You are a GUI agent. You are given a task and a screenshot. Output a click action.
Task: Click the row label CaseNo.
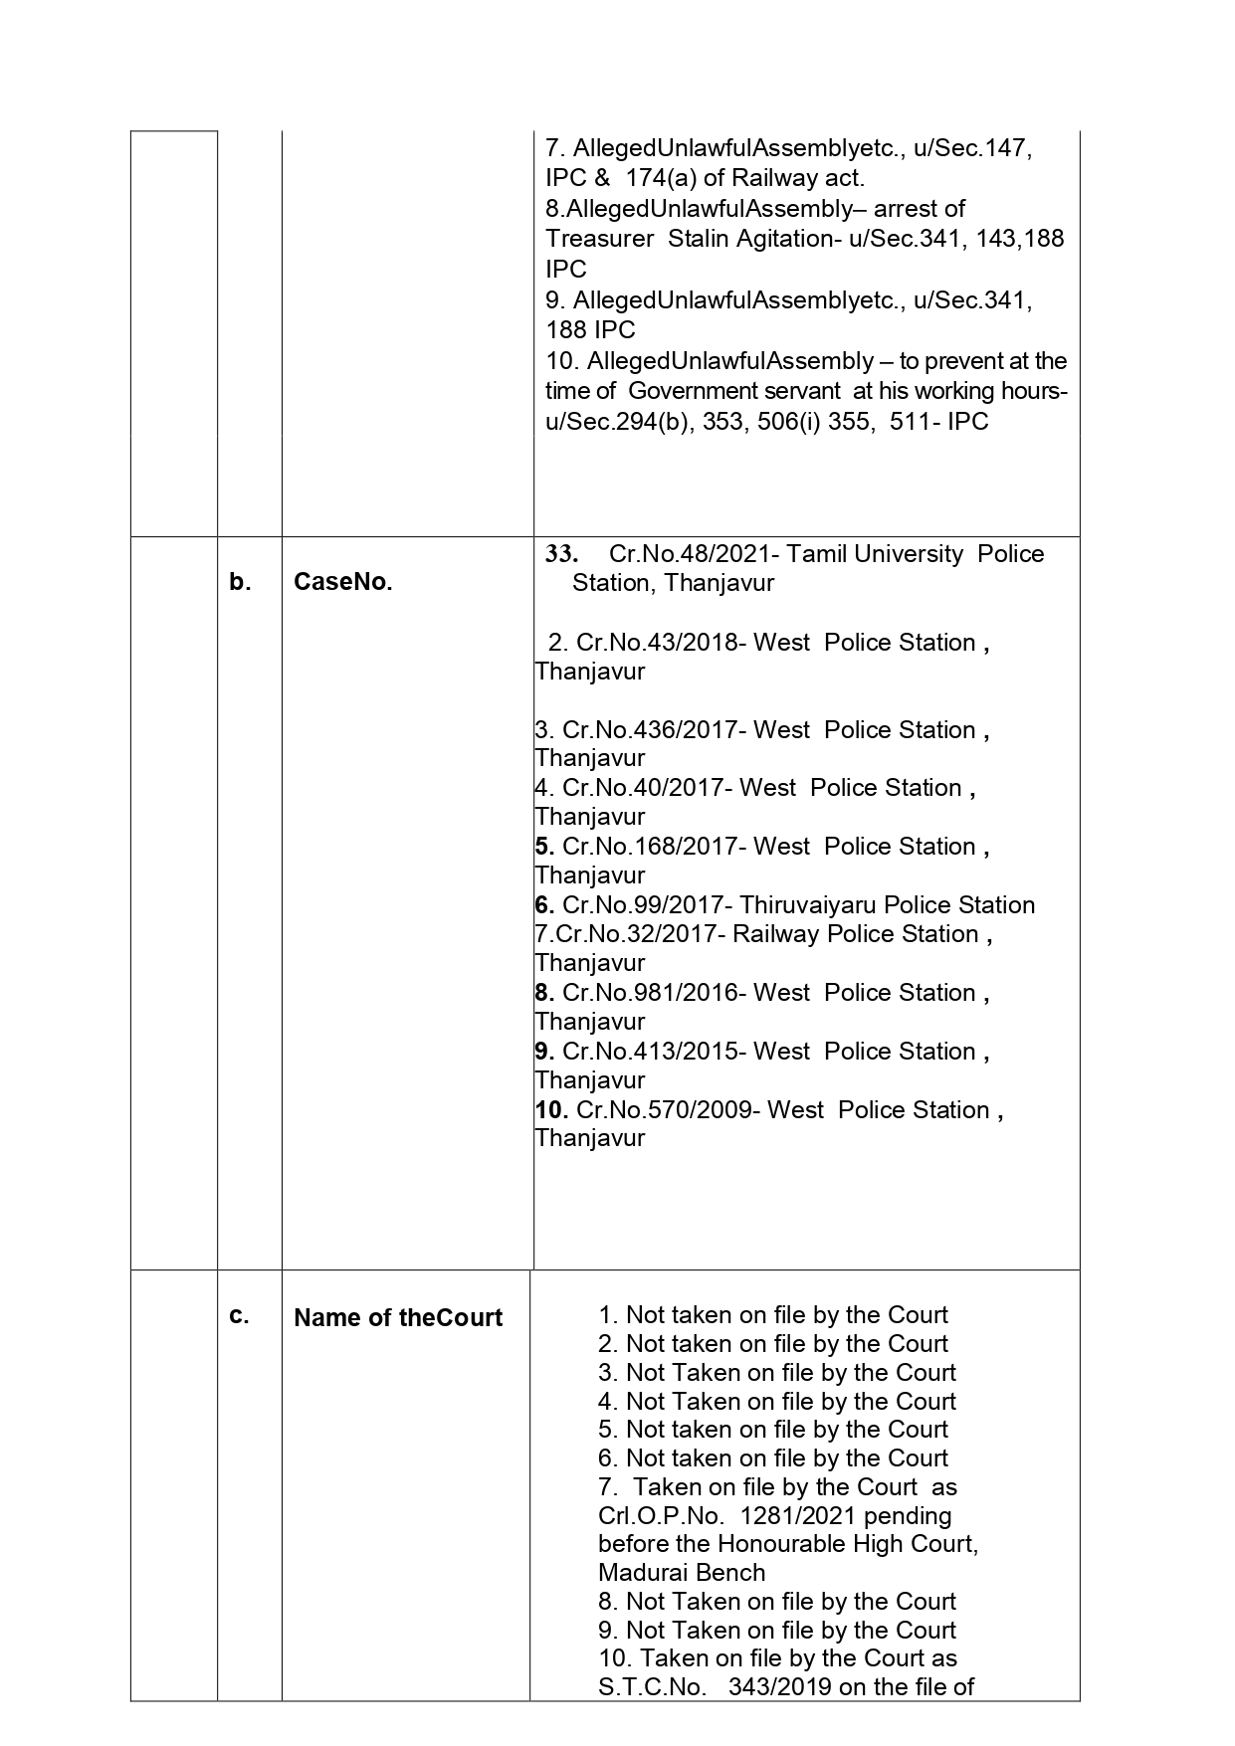342,583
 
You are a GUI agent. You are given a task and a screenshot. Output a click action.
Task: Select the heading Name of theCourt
398,1318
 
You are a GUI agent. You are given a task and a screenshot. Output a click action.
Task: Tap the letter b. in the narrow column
240,583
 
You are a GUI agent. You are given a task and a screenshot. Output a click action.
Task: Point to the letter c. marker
239,1316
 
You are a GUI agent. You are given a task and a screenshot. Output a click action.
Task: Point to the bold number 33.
561,554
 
